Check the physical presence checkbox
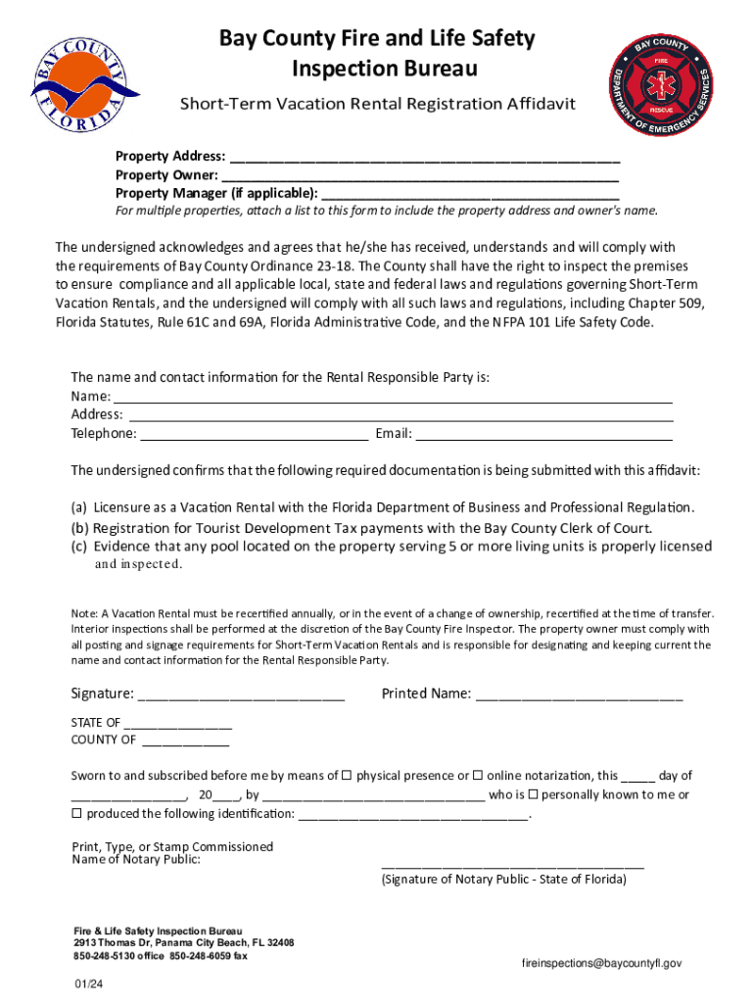[x=347, y=776]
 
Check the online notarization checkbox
[x=478, y=776]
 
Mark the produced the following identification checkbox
[x=77, y=814]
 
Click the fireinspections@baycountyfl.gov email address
[x=601, y=964]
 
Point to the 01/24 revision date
[x=87, y=984]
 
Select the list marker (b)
[x=79, y=527]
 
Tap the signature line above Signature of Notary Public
[x=512, y=865]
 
